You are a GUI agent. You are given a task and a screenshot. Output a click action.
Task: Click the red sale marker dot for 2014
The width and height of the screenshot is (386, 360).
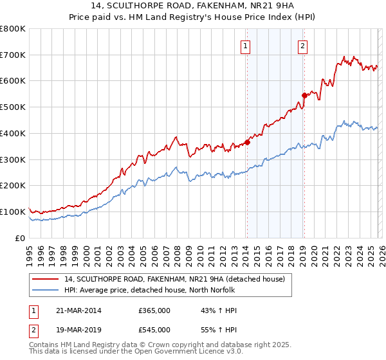(247, 143)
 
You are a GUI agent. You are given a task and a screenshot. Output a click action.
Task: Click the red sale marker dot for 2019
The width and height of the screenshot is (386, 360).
(304, 95)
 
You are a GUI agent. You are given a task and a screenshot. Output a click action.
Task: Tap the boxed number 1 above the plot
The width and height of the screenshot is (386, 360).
(246, 46)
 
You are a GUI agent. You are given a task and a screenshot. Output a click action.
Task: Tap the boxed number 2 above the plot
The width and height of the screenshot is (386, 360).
(302, 46)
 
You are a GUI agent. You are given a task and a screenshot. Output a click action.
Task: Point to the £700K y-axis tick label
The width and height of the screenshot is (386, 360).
(13, 55)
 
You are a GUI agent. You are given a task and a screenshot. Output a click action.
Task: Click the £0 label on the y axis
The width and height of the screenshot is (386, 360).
(19, 238)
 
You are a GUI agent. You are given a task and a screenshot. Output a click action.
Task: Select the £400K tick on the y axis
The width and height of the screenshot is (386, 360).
(13, 133)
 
